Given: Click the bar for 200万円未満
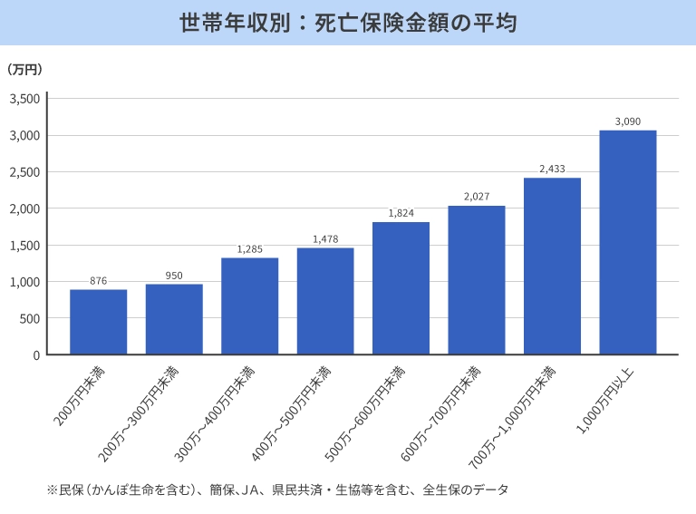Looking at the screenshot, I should click(x=98, y=322).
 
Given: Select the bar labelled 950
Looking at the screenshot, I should click(x=174, y=319).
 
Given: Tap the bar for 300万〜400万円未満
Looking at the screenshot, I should click(x=249, y=306).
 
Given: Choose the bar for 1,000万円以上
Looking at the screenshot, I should click(x=627, y=242).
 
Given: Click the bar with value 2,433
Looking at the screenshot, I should click(x=552, y=266).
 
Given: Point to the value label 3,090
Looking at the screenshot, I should click(x=627, y=121).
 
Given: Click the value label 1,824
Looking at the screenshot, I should click(x=401, y=213).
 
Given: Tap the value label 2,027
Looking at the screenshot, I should click(x=476, y=197).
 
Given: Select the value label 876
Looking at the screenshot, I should click(x=98, y=281).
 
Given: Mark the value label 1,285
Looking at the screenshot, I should click(x=249, y=249).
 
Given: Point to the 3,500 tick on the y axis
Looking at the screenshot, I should click(x=25, y=99).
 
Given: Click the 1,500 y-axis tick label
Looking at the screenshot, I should click(x=25, y=246).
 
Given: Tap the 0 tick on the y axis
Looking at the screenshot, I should click(x=36, y=355).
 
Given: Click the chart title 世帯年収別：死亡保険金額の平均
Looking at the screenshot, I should click(x=348, y=23).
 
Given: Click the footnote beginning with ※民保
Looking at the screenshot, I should click(x=277, y=490).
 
